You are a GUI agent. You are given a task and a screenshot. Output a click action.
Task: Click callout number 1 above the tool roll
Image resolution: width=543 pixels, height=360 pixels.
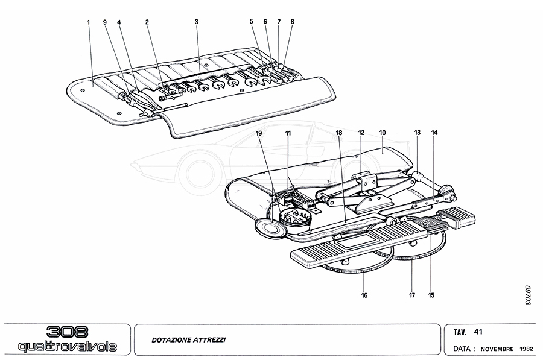(x=88, y=22)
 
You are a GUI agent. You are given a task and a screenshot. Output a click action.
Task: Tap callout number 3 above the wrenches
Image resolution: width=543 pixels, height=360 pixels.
(x=197, y=22)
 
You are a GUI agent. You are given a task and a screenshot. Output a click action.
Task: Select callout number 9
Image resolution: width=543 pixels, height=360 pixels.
(x=104, y=22)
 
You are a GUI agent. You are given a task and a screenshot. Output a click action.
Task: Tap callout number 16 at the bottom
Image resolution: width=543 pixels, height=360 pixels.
(x=364, y=295)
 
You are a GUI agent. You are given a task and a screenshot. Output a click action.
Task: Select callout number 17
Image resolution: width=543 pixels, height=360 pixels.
(x=411, y=295)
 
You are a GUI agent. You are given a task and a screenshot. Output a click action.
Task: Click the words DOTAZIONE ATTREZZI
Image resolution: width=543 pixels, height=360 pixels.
(x=189, y=341)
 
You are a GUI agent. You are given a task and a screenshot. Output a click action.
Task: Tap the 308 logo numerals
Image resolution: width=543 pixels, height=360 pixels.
(x=68, y=331)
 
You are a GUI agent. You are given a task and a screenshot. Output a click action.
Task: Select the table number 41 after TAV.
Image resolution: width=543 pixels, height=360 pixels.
(x=478, y=331)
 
